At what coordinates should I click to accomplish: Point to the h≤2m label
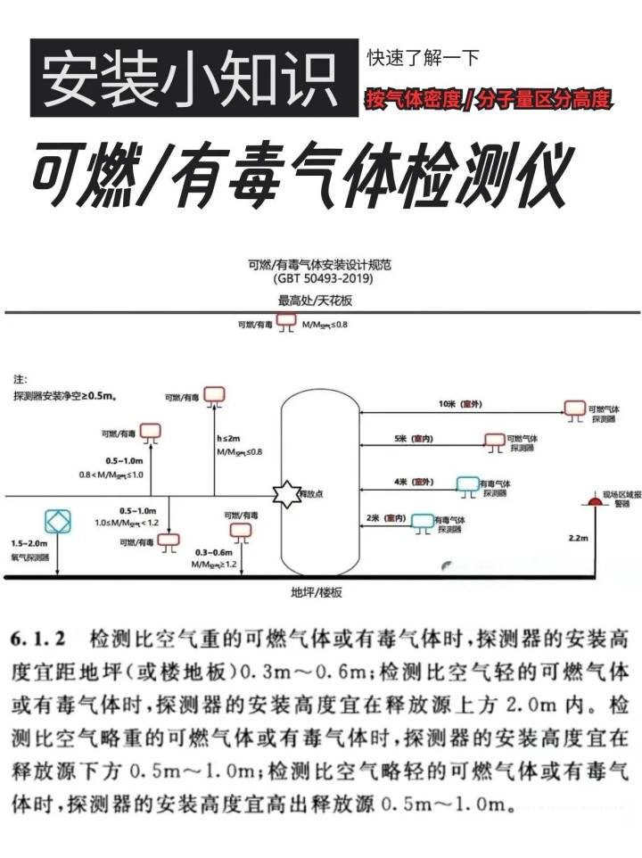point(229,440)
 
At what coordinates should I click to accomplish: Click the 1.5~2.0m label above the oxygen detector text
point(28,543)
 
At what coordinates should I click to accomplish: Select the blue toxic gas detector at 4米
point(468,483)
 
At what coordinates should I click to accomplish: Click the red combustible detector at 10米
point(573,408)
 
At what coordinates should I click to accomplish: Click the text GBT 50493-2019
point(322,280)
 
